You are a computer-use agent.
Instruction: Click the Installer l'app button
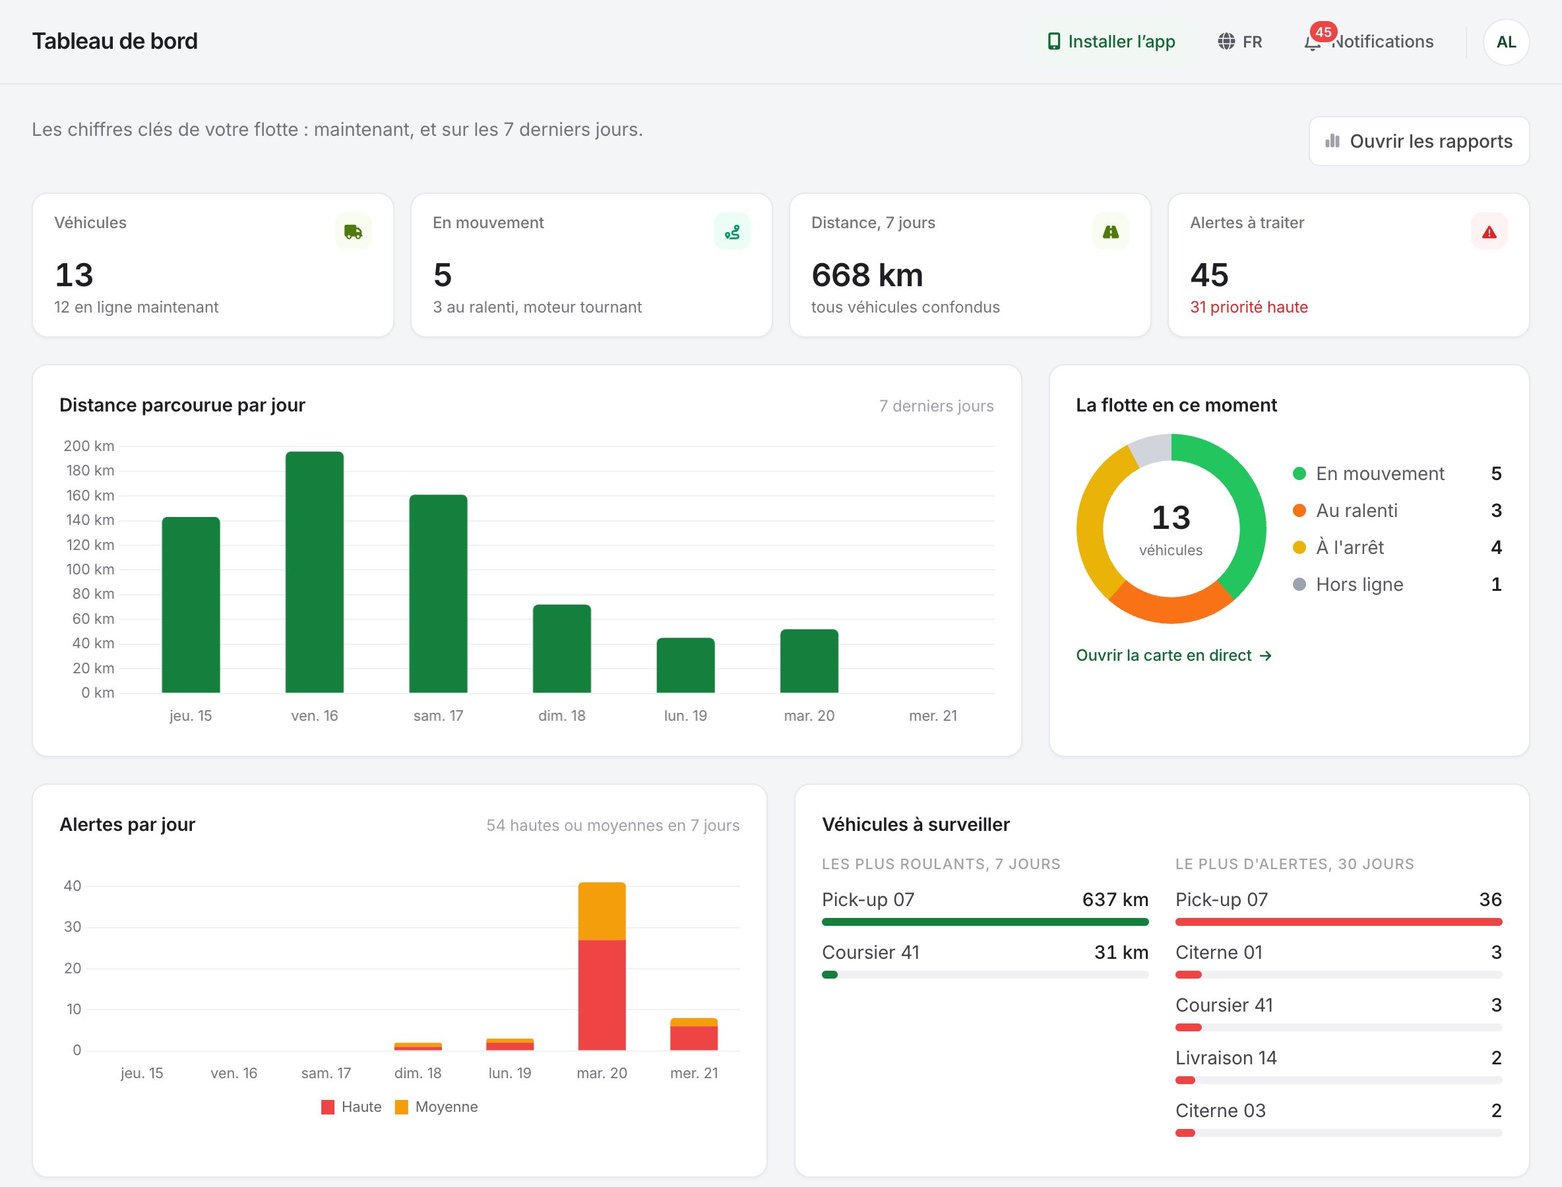click(x=1110, y=42)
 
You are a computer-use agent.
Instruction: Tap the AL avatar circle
click(x=1506, y=42)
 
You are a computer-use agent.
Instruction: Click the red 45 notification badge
click(x=1323, y=32)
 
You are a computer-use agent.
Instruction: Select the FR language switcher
click(x=1239, y=42)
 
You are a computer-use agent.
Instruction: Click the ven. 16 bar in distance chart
click(x=315, y=572)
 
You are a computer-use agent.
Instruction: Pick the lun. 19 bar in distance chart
click(x=685, y=665)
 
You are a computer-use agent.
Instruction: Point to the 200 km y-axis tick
click(x=89, y=446)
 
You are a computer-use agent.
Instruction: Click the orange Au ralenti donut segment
click(x=1171, y=603)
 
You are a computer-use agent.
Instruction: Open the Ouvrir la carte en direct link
click(x=1174, y=655)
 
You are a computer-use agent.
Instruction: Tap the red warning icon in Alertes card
click(x=1489, y=231)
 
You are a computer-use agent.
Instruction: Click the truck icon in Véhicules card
click(x=354, y=231)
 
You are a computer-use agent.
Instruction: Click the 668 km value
click(x=867, y=275)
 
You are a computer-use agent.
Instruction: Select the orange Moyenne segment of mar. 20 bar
click(x=602, y=911)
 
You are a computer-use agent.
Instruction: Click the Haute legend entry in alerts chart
click(x=352, y=1107)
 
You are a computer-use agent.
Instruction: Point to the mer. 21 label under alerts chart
click(x=694, y=1074)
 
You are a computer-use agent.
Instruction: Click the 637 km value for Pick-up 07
click(x=1115, y=899)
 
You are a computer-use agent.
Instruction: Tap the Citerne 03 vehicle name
click(x=1220, y=1111)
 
